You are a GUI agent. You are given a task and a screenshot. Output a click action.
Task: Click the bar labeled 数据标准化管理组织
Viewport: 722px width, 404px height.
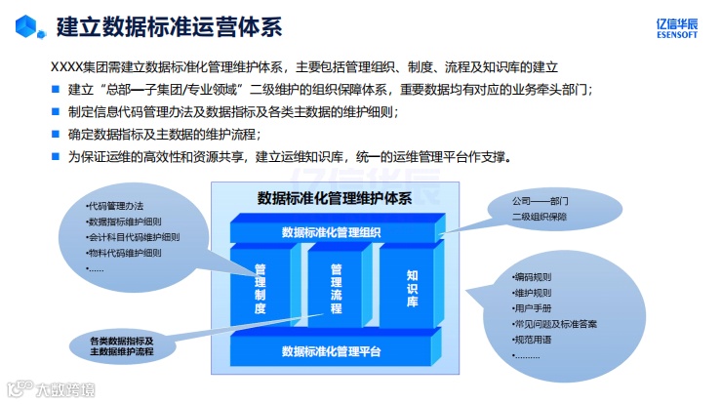(331, 232)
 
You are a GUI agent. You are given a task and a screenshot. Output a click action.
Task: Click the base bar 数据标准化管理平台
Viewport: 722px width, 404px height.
(331, 351)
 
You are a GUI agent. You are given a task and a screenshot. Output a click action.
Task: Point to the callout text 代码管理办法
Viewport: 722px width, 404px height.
(116, 206)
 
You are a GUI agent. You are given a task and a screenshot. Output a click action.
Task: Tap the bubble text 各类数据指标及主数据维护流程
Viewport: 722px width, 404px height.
(121, 345)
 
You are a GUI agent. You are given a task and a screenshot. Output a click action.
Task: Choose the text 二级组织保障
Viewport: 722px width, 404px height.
(539, 217)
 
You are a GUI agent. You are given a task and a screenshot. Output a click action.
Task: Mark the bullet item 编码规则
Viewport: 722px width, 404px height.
(532, 276)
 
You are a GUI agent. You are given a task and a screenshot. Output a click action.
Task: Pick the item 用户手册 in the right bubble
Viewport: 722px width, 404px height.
(532, 307)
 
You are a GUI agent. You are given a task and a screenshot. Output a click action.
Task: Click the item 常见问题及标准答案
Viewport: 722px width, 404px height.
(554, 323)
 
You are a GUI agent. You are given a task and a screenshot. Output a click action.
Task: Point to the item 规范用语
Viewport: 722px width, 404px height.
(532, 339)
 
